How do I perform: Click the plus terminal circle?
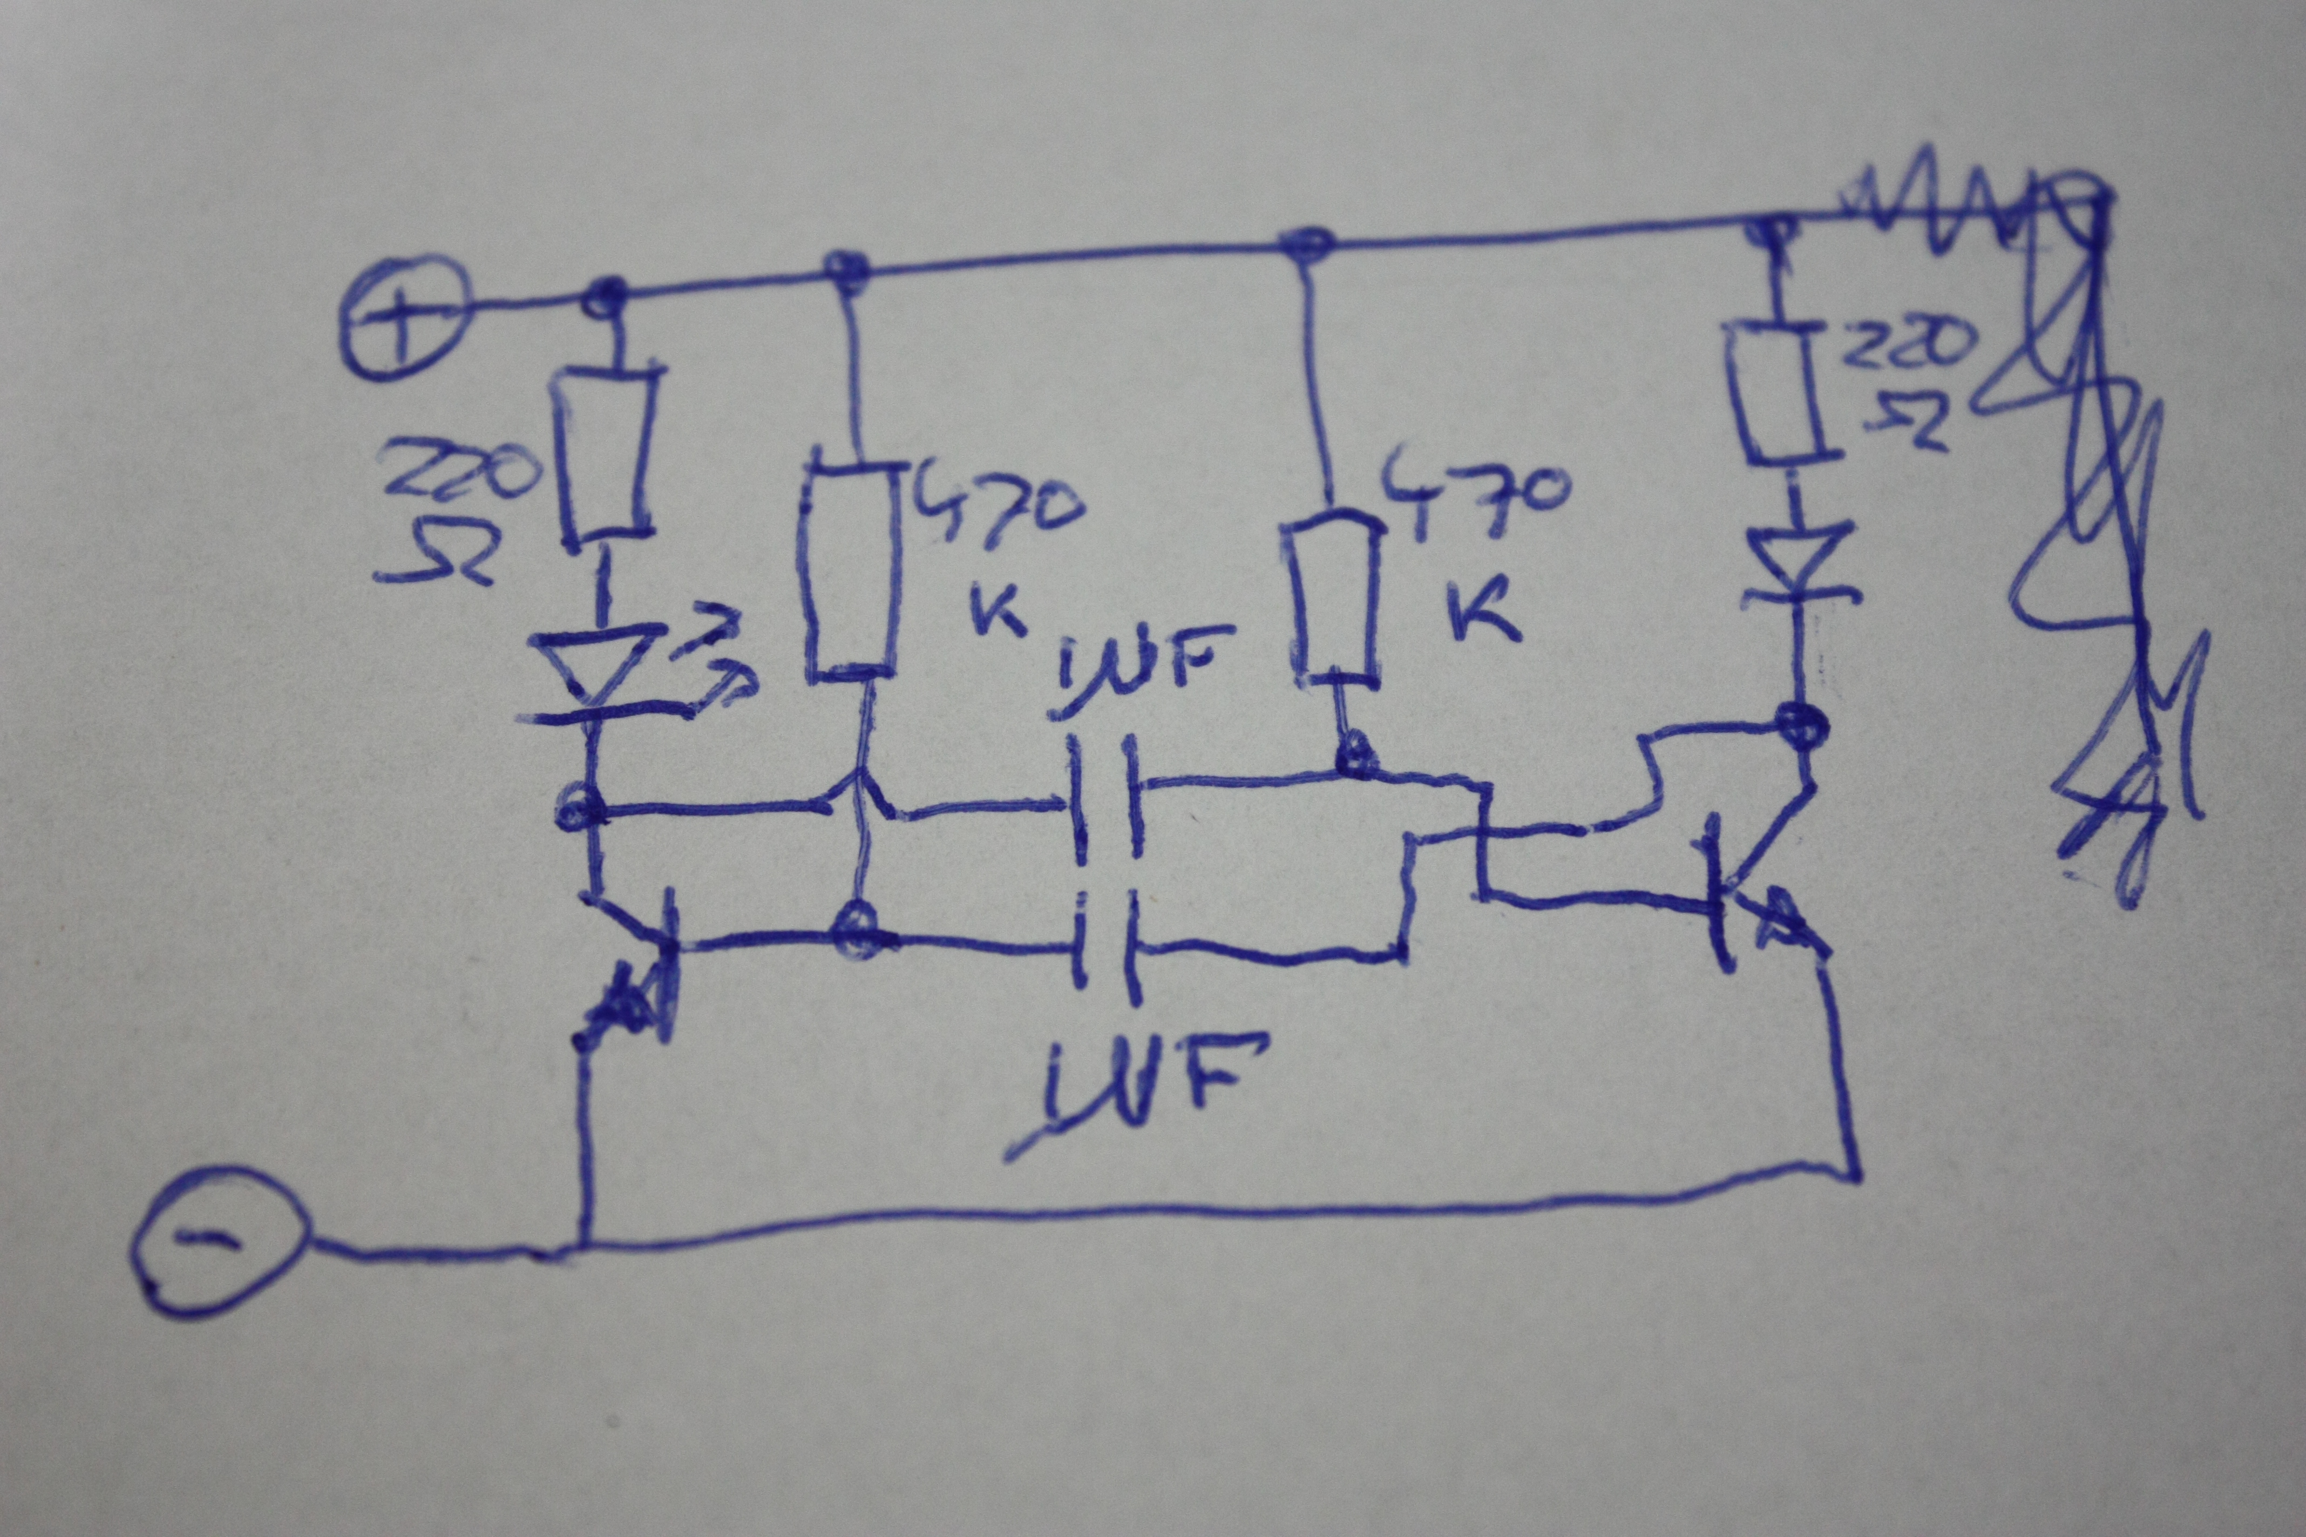click(404, 317)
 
